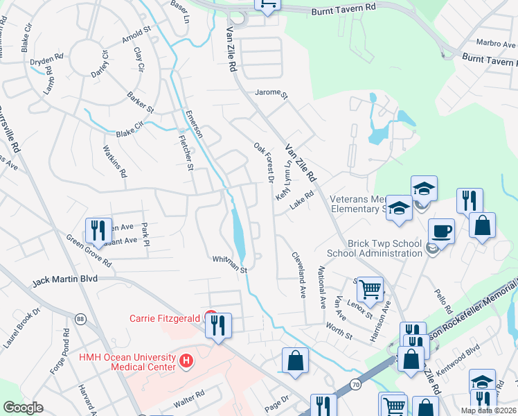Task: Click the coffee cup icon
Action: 440,230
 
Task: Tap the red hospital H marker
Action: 186,361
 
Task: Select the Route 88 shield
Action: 81,318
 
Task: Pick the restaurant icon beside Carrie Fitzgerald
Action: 219,324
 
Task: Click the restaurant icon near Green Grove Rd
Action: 98,229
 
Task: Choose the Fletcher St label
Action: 186,152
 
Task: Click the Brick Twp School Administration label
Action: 374,248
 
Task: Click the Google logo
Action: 23,408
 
